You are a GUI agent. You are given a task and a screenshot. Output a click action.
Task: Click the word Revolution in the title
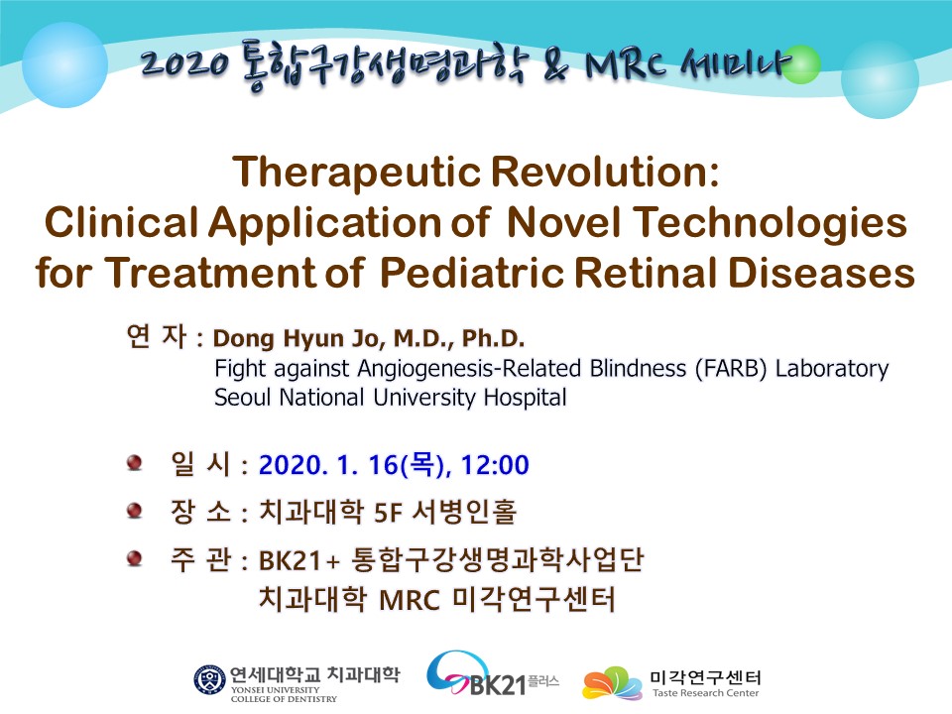[x=605, y=172]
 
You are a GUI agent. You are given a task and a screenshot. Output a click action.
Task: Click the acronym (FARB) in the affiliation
[x=731, y=369]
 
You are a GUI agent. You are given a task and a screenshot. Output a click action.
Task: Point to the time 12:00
[x=495, y=465]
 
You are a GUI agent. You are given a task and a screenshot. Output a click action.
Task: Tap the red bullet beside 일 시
[x=134, y=463]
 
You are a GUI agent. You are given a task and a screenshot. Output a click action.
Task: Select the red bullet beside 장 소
[x=134, y=511]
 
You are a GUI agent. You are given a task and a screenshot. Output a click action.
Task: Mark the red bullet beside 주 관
[x=134, y=558]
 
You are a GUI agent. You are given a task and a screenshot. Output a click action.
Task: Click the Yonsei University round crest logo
[x=209, y=680]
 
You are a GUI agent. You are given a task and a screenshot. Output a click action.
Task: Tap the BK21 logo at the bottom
[x=492, y=674]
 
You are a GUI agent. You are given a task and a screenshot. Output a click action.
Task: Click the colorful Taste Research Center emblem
[x=612, y=682]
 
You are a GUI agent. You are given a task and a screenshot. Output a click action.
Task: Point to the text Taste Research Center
[x=705, y=693]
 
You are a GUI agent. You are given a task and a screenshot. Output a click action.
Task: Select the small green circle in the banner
[x=801, y=64]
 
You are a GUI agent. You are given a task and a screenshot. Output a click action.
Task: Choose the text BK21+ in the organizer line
[x=298, y=560]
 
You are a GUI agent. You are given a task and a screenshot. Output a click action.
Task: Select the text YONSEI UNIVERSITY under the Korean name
[x=275, y=690]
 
